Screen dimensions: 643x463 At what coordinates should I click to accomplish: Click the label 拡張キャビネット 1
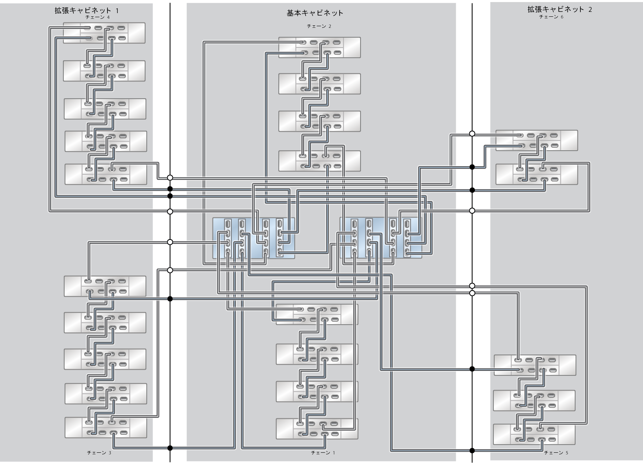[87, 11]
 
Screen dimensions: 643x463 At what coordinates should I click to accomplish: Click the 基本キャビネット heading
[315, 13]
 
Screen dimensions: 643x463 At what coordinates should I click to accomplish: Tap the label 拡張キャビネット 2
[560, 9]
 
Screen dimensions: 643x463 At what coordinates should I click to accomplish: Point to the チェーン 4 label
[98, 17]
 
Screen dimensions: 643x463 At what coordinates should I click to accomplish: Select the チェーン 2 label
[319, 26]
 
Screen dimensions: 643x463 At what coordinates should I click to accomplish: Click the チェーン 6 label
[551, 17]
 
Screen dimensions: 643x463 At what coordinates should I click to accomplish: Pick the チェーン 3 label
[99, 453]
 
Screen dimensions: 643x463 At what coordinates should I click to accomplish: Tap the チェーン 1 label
[323, 453]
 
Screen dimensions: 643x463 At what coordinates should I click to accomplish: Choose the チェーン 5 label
[556, 453]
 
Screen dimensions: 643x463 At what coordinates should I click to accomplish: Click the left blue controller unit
[253, 238]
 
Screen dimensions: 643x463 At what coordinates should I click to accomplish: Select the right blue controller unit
[381, 238]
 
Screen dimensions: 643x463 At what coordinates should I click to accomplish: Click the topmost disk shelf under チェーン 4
[104, 33]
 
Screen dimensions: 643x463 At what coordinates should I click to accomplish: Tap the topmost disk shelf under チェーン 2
[320, 47]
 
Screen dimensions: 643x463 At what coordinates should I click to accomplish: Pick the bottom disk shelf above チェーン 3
[105, 428]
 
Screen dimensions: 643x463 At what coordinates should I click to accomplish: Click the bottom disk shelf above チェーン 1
[317, 429]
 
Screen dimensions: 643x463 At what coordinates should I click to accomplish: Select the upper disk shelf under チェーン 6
[536, 140]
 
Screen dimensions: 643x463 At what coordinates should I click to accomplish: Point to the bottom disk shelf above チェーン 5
[534, 434]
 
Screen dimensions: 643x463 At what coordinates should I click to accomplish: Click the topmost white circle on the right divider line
[472, 133]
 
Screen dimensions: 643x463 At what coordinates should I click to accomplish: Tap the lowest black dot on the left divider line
[170, 448]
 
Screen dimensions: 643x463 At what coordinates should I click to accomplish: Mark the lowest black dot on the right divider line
[472, 451]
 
